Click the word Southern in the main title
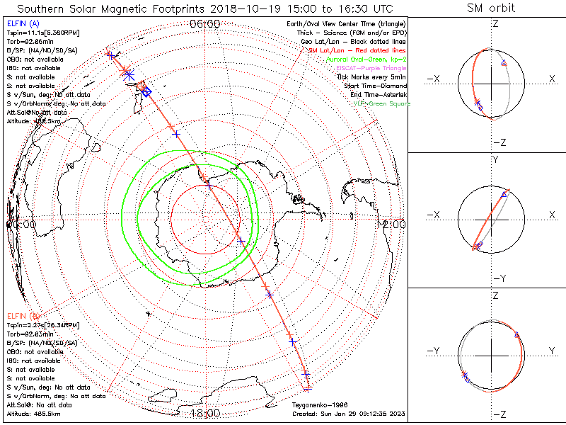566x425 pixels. [x=45, y=8]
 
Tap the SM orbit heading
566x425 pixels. [x=491, y=8]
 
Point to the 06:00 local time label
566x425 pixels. [x=205, y=24]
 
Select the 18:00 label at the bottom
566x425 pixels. [x=205, y=413]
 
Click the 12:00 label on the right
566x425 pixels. [x=393, y=224]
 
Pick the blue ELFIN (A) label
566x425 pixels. [x=23, y=23]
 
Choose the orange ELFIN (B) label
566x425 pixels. [x=23, y=315]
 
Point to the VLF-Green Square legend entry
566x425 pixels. [x=382, y=103]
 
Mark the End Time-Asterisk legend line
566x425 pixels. [x=374, y=94]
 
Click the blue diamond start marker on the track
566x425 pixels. [x=146, y=92]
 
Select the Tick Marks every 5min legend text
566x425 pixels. [x=373, y=76]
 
